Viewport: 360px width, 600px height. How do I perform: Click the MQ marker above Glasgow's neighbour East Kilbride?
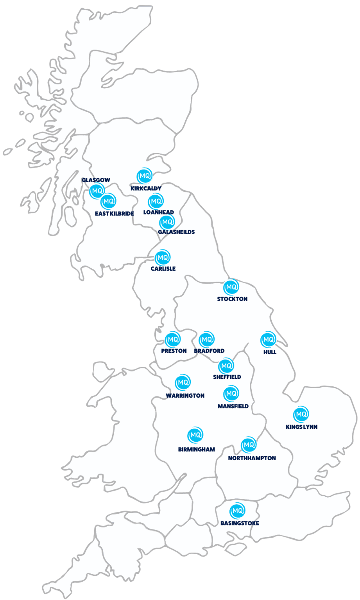[x=108, y=202]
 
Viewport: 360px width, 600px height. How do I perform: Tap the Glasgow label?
[x=96, y=180]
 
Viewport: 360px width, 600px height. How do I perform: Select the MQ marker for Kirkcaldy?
[x=144, y=176]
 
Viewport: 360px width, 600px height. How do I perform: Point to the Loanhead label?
[x=158, y=212]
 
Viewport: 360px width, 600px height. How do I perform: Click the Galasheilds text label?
[x=176, y=232]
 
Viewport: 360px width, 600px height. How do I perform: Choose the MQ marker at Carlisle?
[x=163, y=258]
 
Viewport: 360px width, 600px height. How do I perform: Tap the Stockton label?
[x=232, y=299]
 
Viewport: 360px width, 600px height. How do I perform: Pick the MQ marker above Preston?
[x=172, y=339]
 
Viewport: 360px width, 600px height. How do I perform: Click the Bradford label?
[x=209, y=351]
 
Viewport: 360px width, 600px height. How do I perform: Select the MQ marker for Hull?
[x=269, y=340]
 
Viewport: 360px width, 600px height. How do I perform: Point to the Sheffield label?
[x=227, y=377]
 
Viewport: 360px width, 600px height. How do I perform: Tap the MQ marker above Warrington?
[x=183, y=382]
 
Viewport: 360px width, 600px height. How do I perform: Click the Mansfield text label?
[x=233, y=406]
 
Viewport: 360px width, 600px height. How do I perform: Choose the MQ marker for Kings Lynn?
[x=301, y=414]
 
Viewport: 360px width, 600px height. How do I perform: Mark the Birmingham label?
[x=196, y=449]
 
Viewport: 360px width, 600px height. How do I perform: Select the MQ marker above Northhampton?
[x=248, y=445]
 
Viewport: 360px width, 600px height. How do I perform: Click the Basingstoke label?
[x=240, y=523]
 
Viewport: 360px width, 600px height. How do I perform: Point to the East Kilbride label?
[x=115, y=214]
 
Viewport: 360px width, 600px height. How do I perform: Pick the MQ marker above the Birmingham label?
[x=195, y=435]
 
